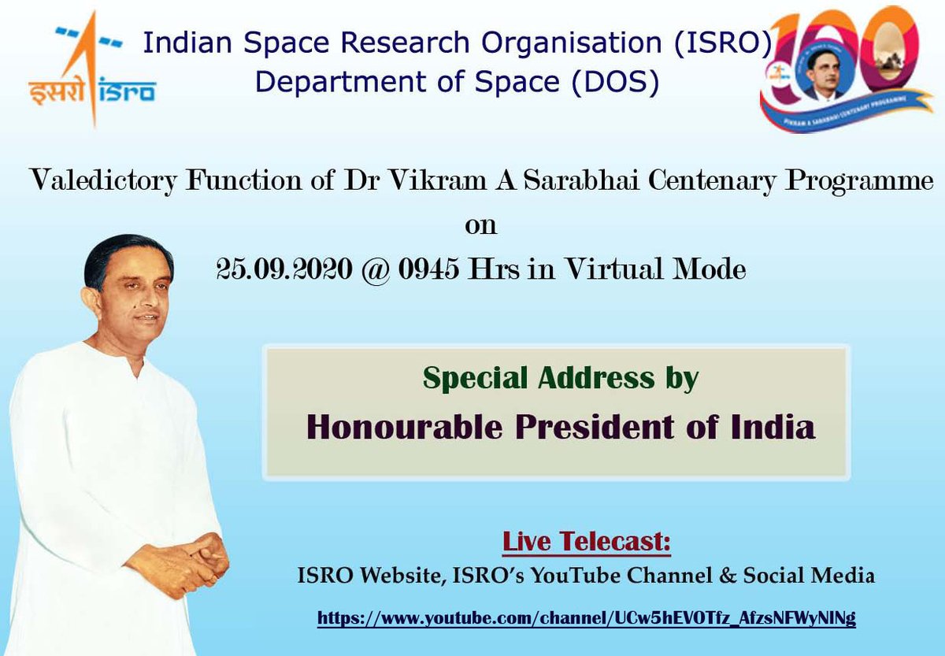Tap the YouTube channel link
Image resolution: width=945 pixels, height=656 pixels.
pos(586,618)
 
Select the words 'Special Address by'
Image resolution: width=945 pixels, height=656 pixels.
pos(560,378)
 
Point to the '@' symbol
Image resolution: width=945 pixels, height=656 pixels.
pos(374,269)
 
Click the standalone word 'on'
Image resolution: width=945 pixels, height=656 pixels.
pos(480,225)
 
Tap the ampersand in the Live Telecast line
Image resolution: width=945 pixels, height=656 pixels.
pos(727,576)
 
